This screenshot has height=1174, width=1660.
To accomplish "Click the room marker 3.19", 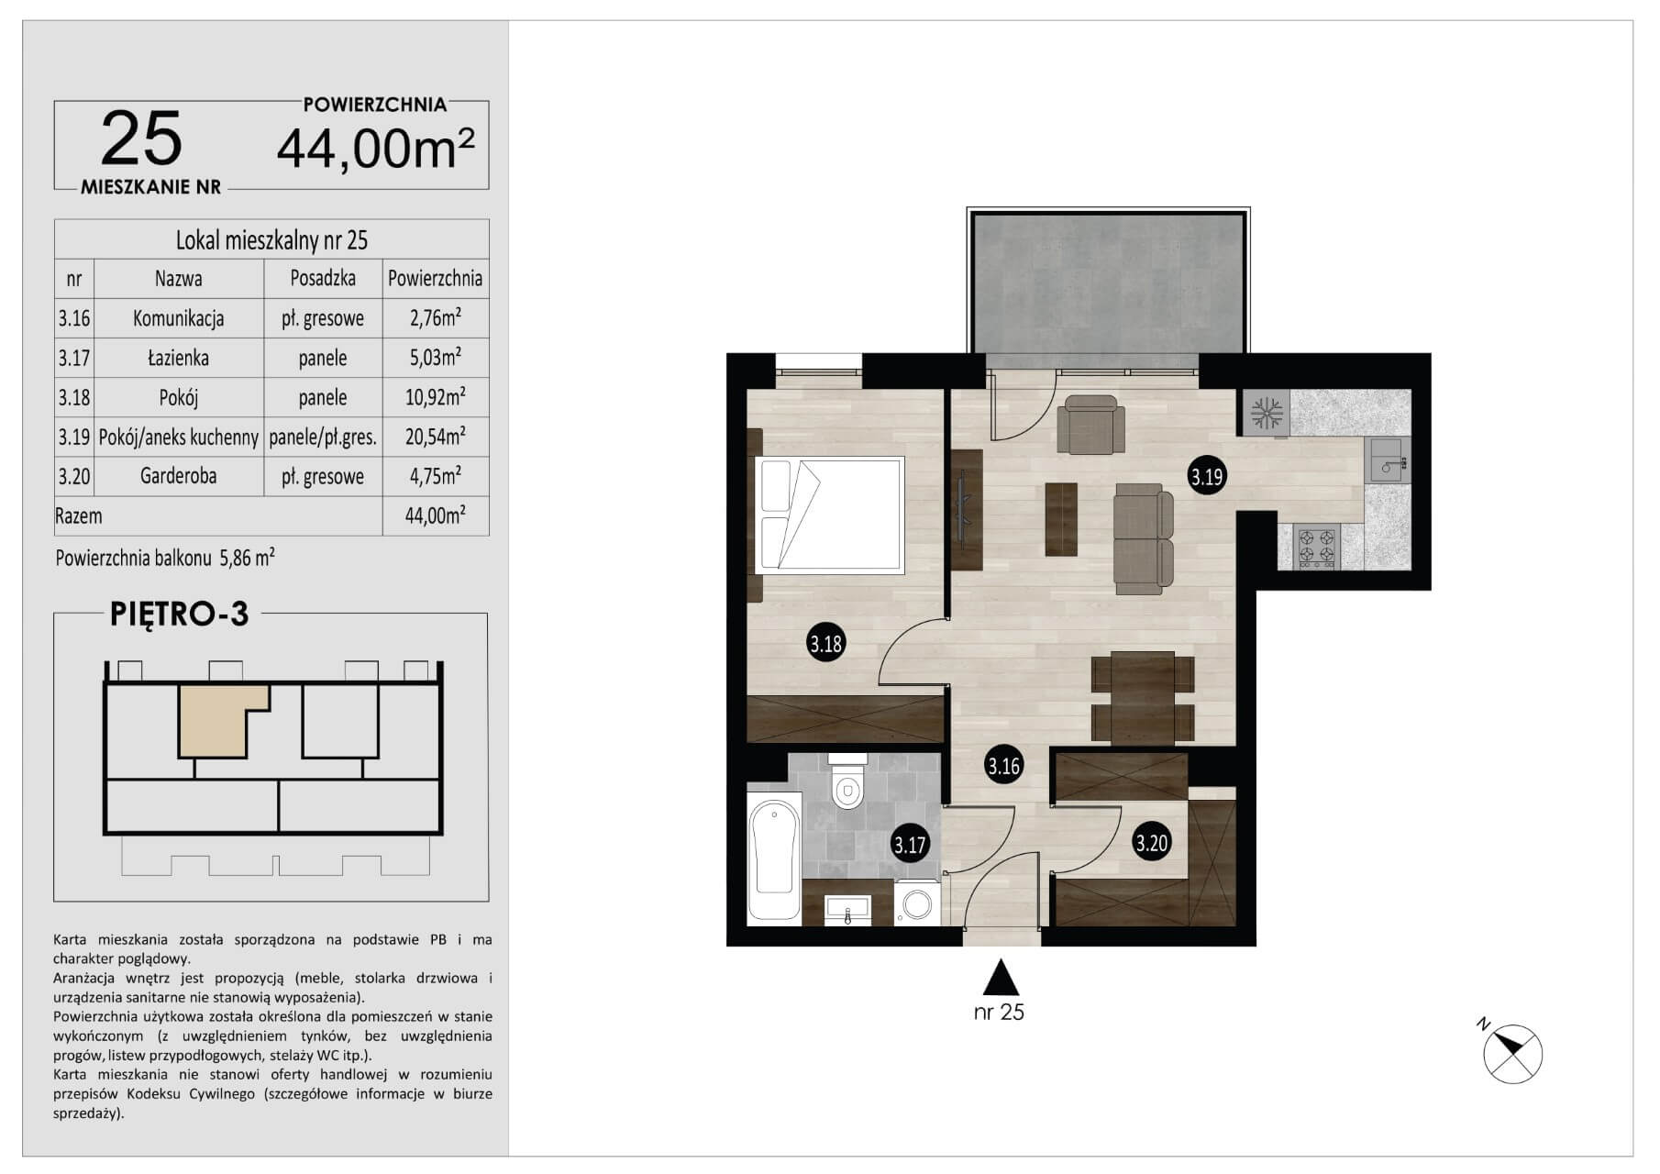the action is click(1207, 477).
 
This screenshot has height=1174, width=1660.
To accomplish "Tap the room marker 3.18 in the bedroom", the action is click(825, 644).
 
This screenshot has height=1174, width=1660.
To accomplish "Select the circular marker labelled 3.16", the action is click(1003, 765).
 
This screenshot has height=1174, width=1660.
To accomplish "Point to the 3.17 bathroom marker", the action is click(910, 844).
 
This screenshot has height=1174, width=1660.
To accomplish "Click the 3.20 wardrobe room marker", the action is click(1151, 842).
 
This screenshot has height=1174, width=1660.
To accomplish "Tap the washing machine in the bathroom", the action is click(916, 903).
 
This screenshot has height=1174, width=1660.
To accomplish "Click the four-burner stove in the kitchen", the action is click(1316, 547).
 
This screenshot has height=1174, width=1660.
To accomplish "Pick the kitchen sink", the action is click(1389, 460).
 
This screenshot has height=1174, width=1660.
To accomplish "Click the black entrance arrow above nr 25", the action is click(1002, 977).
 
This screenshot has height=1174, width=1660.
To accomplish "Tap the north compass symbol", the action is click(1511, 1053).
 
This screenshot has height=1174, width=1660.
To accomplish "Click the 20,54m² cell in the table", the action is click(435, 437).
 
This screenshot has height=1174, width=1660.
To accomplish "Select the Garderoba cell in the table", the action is click(179, 476).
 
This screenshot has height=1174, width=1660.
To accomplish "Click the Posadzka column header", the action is click(323, 278).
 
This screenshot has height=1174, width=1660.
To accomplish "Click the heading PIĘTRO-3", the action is click(180, 614).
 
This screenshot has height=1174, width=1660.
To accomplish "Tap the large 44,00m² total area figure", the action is click(376, 149).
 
